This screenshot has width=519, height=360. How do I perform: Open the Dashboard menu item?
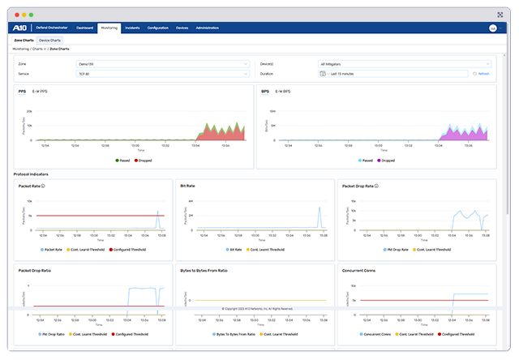point(85,28)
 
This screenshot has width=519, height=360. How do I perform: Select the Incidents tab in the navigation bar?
point(132,28)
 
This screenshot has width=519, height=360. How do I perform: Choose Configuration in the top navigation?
point(158,28)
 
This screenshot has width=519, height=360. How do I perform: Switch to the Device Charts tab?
point(50,39)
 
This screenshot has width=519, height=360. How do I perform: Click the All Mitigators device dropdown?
point(405,63)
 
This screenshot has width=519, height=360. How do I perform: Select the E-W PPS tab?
point(40,92)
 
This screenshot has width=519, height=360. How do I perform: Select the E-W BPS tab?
point(282,92)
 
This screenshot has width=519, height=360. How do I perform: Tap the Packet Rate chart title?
point(29,186)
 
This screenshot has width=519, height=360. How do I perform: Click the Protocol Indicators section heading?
point(32,174)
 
